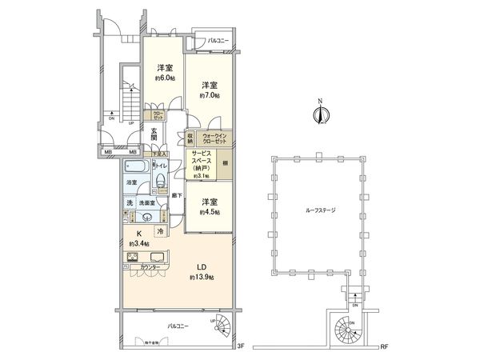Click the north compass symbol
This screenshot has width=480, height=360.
[320, 113]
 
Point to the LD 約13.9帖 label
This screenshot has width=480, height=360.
[201, 271]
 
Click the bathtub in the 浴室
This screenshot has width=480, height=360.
[136, 170]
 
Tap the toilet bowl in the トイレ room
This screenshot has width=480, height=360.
[160, 182]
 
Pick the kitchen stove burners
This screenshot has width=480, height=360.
[133, 258]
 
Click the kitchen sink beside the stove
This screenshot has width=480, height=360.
[157, 258]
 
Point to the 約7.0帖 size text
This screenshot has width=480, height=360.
[210, 95]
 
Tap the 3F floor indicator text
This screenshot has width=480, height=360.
[240, 346]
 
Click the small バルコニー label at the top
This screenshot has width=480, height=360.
[217, 38]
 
